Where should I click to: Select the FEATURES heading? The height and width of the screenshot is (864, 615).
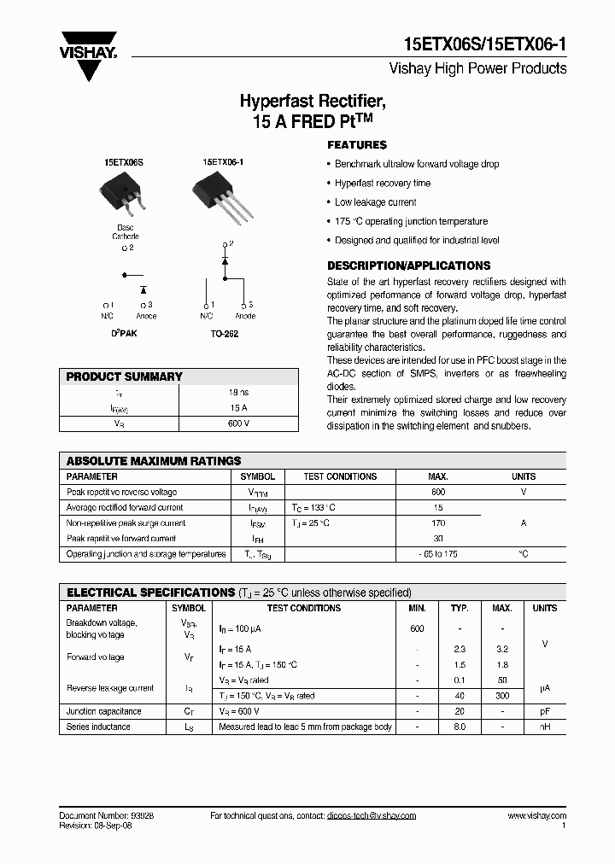(x=357, y=145)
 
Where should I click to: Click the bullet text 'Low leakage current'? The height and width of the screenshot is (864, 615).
(x=375, y=202)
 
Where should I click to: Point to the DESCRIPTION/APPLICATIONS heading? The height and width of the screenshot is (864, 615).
(x=408, y=266)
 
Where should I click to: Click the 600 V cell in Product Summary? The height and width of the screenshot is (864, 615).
(x=238, y=423)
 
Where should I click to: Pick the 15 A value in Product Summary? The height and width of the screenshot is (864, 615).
(x=238, y=407)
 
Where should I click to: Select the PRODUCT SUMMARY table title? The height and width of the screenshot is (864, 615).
(x=125, y=377)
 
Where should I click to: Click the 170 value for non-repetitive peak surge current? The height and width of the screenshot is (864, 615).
(x=438, y=523)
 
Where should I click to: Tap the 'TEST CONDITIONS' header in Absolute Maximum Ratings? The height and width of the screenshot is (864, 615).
(x=340, y=476)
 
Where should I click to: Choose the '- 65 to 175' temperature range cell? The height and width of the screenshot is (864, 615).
(x=438, y=554)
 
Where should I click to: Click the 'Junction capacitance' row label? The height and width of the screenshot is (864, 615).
(x=104, y=711)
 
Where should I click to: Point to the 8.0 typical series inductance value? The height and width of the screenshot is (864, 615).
(x=460, y=727)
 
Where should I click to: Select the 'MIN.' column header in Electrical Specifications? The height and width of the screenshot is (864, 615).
(x=417, y=608)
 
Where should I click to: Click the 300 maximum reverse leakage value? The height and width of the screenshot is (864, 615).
(x=503, y=696)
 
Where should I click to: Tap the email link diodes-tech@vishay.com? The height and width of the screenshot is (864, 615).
(x=371, y=816)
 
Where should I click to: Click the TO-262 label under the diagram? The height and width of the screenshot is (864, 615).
(x=224, y=335)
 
